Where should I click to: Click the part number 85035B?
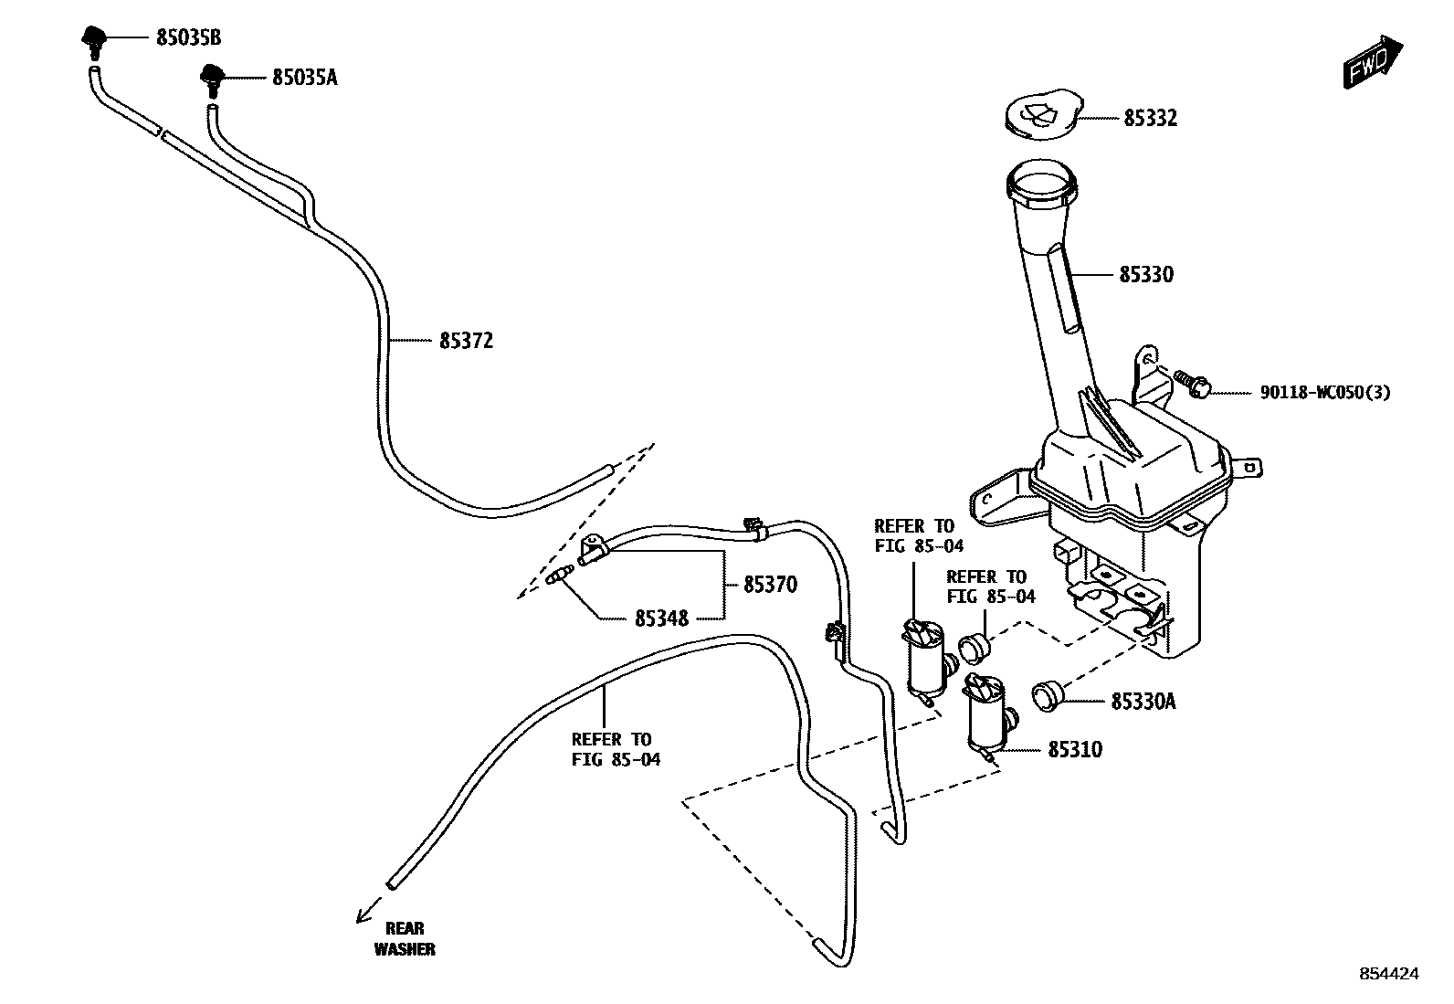pos(188,37)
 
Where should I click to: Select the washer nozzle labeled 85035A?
pos(212,79)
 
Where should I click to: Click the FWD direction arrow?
pos(1372,61)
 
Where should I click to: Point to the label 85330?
pos(1146,274)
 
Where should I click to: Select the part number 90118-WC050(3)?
pos(1324,392)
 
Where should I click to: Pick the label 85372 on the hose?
pos(466,341)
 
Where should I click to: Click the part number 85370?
pos(770,585)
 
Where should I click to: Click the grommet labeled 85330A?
pos(1046,697)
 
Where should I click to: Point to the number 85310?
pos(1075,750)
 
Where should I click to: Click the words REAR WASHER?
pos(405,938)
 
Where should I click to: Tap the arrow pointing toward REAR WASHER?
pos(368,910)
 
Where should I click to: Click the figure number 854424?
pos(1389,974)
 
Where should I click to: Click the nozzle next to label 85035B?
pos(93,39)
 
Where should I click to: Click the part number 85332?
pos(1150,118)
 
